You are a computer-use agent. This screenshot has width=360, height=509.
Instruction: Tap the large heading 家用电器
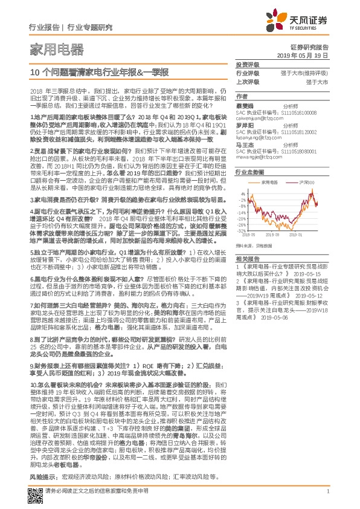click(53, 49)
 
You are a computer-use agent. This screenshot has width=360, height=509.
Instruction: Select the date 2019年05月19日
click(306, 55)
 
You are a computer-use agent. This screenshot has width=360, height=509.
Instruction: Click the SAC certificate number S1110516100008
click(296, 112)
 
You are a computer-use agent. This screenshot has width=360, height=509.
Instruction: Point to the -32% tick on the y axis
click(242, 230)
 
